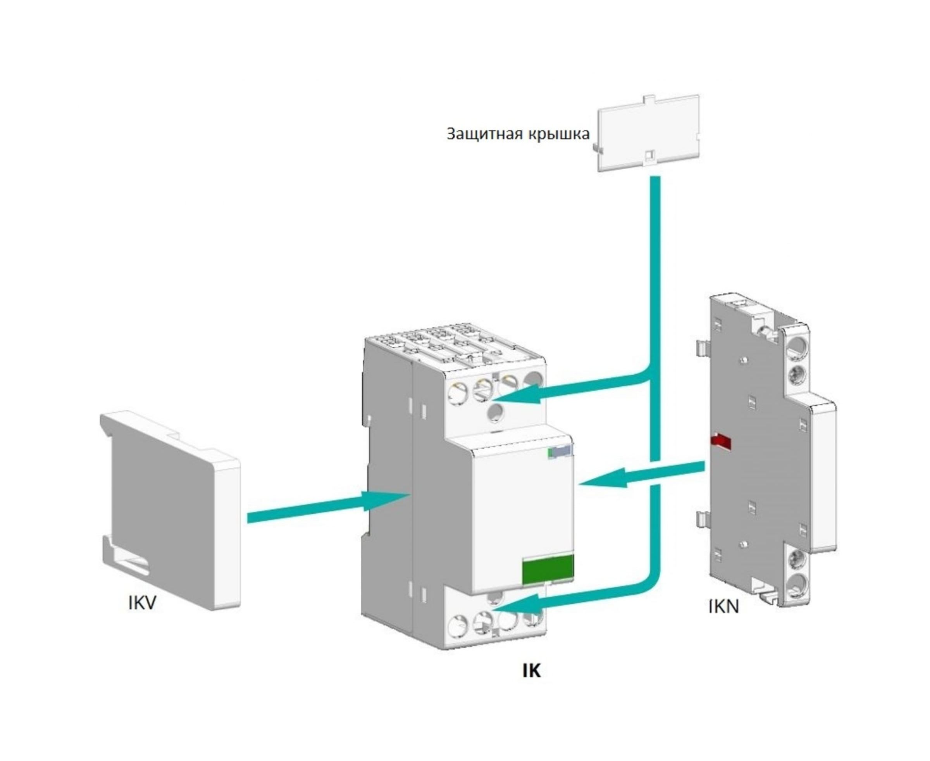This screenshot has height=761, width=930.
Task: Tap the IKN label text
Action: (x=724, y=607)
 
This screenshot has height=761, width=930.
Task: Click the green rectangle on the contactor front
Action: (x=548, y=570)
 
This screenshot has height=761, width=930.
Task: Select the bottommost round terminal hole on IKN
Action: (x=796, y=584)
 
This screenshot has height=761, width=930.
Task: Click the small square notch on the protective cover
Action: (x=651, y=155)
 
